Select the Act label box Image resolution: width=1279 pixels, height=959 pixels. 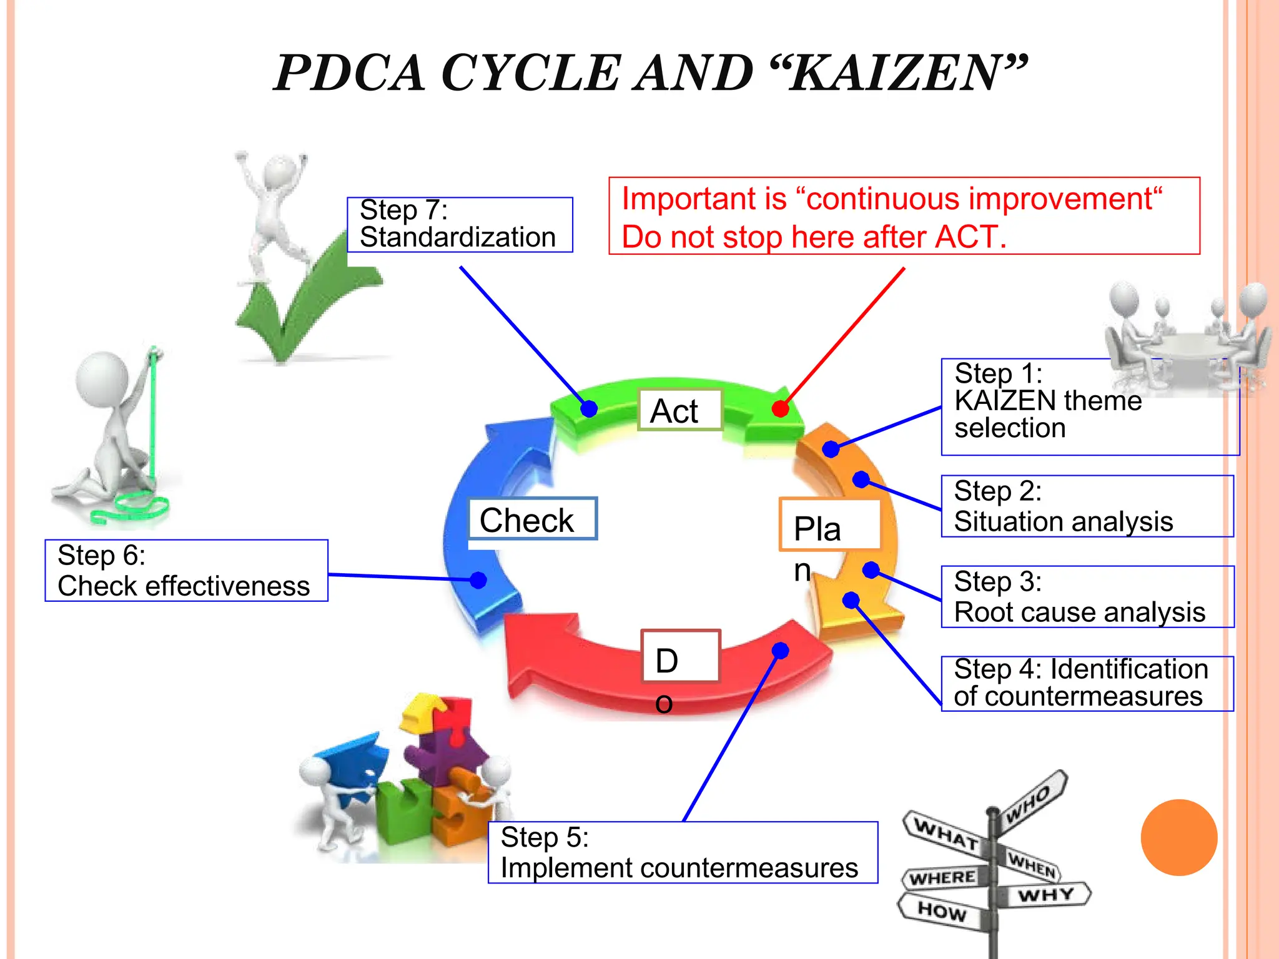point(679,410)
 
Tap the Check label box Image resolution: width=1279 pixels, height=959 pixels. point(533,519)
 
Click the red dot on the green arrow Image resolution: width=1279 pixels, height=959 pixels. point(780,409)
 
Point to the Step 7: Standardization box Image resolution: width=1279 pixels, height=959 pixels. point(460,225)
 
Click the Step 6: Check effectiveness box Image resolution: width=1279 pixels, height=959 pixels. point(186,571)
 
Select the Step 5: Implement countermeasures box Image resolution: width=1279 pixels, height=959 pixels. point(683,852)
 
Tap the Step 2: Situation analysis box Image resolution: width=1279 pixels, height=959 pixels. point(1087,506)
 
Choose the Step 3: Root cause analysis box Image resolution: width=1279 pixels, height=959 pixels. point(1087,597)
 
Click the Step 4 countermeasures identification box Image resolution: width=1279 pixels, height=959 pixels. point(1087,684)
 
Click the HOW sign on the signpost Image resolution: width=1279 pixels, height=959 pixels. point(942,912)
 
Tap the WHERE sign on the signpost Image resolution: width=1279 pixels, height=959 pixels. point(943,878)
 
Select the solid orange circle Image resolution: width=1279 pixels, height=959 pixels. point(1178,837)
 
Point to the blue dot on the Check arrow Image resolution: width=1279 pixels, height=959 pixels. point(478,580)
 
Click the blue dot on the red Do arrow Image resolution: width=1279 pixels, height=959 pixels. point(780,651)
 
